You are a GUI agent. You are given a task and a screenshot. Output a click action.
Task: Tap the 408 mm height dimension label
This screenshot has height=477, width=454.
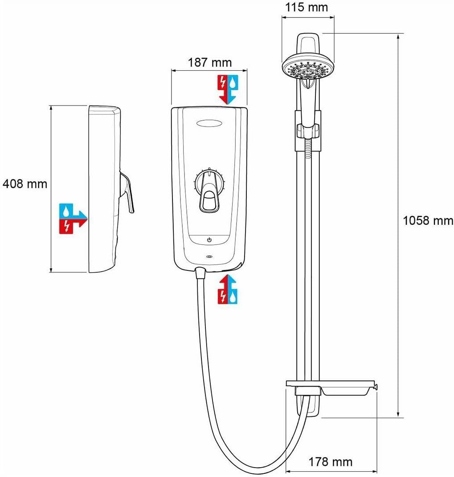pyautogui.click(x=25, y=183)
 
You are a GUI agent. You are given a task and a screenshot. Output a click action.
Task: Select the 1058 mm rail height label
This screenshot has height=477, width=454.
pyautogui.click(x=427, y=220)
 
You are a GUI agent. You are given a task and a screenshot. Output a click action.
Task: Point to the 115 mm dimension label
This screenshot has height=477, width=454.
pyautogui.click(x=307, y=8)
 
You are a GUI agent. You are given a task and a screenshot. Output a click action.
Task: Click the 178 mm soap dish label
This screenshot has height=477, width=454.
pyautogui.click(x=330, y=462)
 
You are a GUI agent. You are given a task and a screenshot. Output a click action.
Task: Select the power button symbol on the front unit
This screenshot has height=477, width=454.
pyautogui.click(x=209, y=240)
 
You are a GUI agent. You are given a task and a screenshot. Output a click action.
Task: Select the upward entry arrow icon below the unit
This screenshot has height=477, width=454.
pyautogui.click(x=228, y=289)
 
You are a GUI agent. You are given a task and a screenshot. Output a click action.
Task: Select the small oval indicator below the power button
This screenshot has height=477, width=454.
pyautogui.click(x=209, y=257)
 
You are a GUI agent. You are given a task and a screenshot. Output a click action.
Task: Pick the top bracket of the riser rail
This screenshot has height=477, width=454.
pyautogui.click(x=307, y=45)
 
